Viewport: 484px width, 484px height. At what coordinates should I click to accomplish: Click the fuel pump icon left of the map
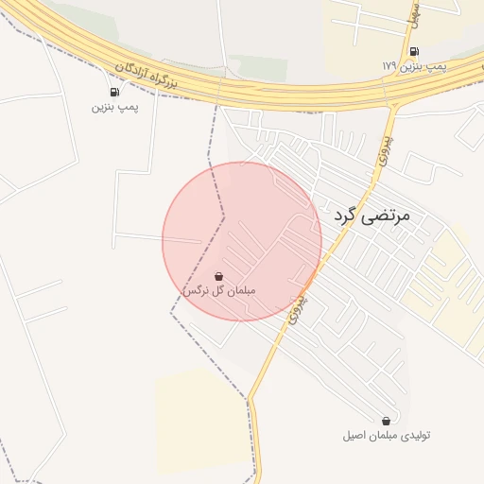tap(114, 92)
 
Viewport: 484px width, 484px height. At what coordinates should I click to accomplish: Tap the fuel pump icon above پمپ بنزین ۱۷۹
tap(414, 51)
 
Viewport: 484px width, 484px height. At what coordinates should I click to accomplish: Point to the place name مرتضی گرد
tap(373, 216)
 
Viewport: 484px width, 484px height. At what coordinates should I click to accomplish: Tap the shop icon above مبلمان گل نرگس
tap(219, 276)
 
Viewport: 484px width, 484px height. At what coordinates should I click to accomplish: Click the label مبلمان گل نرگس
tap(218, 290)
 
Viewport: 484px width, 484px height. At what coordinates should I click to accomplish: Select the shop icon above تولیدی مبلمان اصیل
tap(386, 421)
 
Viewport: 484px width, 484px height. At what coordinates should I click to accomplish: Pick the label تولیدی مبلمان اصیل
tap(387, 435)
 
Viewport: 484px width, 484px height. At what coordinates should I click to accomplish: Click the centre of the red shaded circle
tap(242, 241)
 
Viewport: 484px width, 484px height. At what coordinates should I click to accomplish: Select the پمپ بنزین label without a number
tap(114, 107)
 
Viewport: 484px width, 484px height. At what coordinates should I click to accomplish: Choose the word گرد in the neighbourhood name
tap(347, 216)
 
